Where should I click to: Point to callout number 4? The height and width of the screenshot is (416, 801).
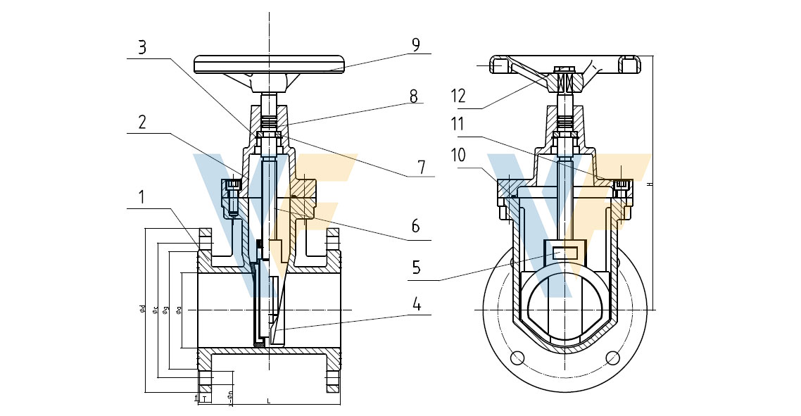tap(417, 305)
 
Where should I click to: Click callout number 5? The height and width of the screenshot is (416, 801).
tap(417, 268)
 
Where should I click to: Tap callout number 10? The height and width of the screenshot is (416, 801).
tap(459, 156)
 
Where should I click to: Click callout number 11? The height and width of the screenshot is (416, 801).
tap(459, 125)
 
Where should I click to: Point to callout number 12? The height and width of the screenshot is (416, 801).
tap(458, 96)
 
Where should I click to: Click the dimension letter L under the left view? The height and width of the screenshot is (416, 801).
tap(269, 401)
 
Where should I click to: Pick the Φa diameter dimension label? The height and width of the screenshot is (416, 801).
tap(179, 309)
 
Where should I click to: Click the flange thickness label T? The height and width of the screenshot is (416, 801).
tap(203, 399)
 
